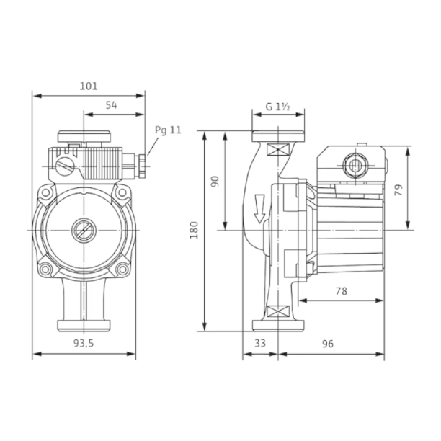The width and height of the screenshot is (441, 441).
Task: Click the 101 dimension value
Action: [x=89, y=86]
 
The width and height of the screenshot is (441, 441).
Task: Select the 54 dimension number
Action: [x=111, y=105]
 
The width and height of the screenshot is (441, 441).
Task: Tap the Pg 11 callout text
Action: [x=168, y=130]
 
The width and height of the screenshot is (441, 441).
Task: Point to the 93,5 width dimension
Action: [x=84, y=343]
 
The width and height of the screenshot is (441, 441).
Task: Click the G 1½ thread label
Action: [x=278, y=107]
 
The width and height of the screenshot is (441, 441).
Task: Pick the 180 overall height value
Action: [x=194, y=231]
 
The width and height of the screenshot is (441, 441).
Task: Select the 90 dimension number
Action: [x=215, y=182]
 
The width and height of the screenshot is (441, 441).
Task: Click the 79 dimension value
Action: [x=398, y=190]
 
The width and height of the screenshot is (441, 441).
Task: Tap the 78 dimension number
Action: [x=342, y=291]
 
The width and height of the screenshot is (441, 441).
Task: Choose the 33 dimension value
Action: [x=260, y=343]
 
